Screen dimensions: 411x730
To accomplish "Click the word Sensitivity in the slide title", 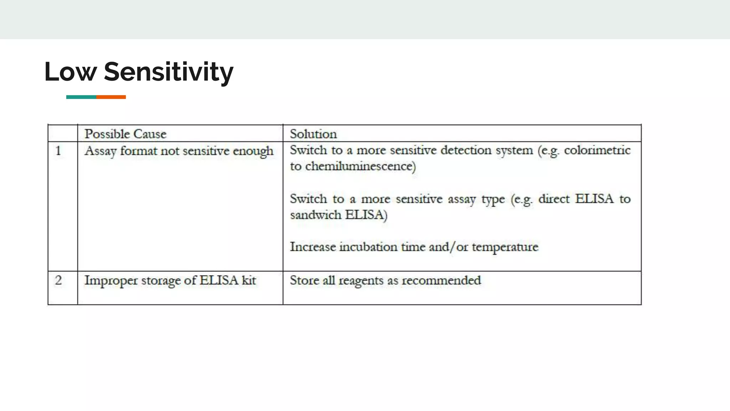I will (169, 72).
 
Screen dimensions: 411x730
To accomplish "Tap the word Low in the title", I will (71, 72).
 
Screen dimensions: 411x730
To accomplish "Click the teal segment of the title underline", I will (81, 97).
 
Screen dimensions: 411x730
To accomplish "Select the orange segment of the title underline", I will (111, 97).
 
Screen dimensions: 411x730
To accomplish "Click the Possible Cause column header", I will (125, 134).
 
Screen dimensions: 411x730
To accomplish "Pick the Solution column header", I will (313, 134).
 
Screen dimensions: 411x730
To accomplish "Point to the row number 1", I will (58, 151).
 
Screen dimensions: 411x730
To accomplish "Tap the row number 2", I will (58, 280).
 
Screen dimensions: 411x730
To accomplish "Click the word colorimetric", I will (597, 150).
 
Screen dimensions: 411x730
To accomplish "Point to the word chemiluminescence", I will (360, 166).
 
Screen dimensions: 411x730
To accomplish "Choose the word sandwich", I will (315, 215).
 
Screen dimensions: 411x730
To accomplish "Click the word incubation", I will (368, 247).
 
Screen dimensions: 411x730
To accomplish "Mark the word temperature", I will (505, 247).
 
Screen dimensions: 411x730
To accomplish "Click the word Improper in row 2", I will (111, 281).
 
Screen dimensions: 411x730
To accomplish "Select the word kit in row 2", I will (249, 280).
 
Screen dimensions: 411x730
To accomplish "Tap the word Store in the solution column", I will (304, 280).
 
